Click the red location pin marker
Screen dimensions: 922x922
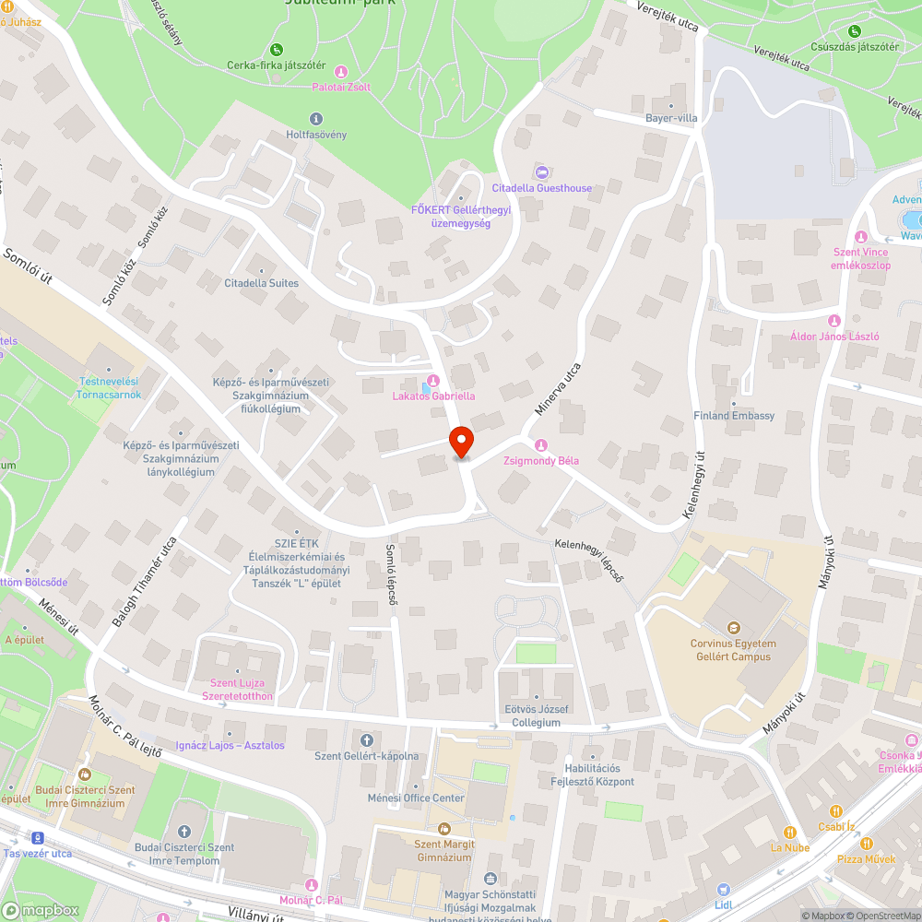click(x=460, y=442)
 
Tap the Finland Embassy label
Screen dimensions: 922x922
click(x=734, y=416)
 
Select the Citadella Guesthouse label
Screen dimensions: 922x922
click(x=550, y=188)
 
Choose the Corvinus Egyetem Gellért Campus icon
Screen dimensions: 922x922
click(x=734, y=627)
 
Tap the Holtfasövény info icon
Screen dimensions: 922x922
click(x=316, y=118)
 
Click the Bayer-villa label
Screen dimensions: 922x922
click(x=671, y=119)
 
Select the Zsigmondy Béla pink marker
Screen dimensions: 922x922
click(x=541, y=444)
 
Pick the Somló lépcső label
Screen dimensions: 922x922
click(x=392, y=574)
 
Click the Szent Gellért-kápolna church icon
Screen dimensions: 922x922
click(x=366, y=739)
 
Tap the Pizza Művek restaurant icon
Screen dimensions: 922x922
click(x=866, y=843)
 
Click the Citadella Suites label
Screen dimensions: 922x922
click(x=262, y=283)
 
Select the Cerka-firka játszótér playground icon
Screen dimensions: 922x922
click(x=276, y=49)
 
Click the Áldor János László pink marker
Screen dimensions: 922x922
click(x=834, y=320)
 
